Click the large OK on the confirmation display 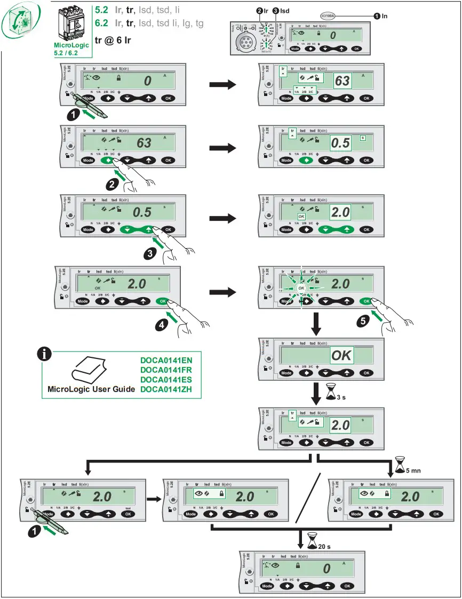click(x=341, y=354)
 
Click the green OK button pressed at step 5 click(x=366, y=301)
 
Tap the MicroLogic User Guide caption click(x=91, y=389)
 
